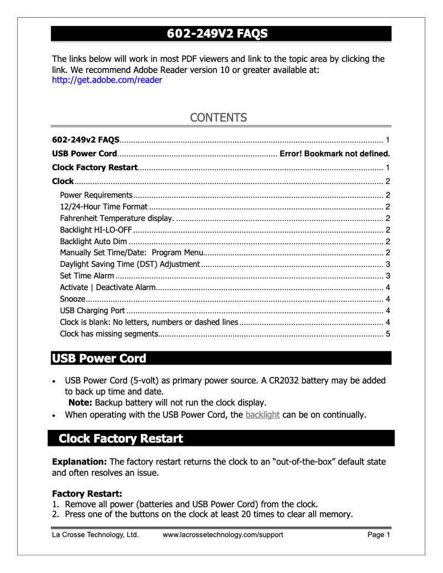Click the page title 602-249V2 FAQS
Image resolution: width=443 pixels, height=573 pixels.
coord(218,34)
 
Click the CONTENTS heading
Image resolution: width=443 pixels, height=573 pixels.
coord(218,118)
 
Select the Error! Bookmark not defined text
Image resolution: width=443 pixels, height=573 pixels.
coord(335,154)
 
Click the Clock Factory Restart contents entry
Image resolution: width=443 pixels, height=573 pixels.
coord(94,167)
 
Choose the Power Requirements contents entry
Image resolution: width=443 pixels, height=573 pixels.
coord(96,195)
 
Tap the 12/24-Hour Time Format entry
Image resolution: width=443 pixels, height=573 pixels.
coord(104,207)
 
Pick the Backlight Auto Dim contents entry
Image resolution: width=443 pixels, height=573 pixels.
coord(93,241)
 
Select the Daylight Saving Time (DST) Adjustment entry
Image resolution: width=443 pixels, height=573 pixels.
coord(130,264)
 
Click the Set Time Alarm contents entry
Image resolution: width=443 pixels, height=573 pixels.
coord(87,276)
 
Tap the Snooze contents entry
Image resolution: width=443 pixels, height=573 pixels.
coord(72,299)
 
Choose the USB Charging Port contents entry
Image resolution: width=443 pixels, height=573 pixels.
coord(92,311)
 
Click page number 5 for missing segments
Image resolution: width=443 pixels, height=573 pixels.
coord(388,334)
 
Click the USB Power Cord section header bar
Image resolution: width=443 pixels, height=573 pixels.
coord(221,359)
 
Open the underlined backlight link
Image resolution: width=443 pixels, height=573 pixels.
coord(262,415)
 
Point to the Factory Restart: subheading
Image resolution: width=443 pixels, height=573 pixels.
coord(87,493)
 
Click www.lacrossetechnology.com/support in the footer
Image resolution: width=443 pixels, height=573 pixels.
coord(223,535)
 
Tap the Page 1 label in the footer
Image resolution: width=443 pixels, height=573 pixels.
coord(378,535)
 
